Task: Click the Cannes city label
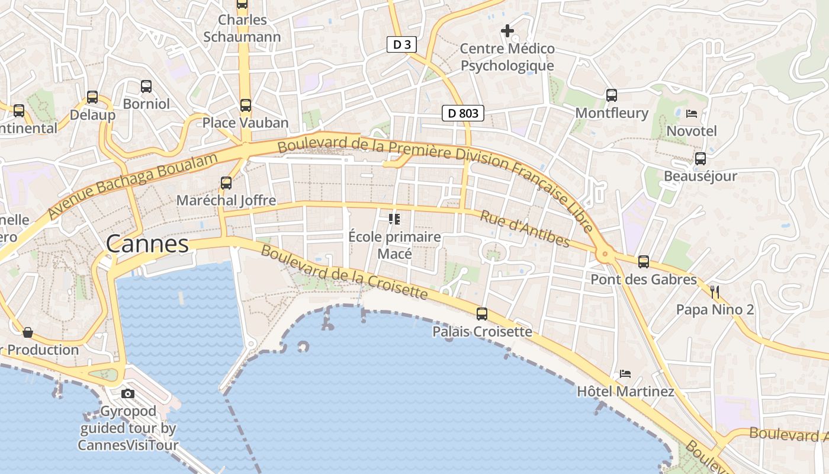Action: [x=147, y=244]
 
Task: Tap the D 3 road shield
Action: [x=401, y=44]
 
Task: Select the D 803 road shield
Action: [x=463, y=113]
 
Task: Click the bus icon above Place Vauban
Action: [x=245, y=105]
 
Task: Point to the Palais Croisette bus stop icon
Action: [x=482, y=314]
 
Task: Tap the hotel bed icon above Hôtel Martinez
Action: [x=625, y=374]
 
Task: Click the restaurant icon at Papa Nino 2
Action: [x=715, y=292]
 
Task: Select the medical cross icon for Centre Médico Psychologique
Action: [x=507, y=30]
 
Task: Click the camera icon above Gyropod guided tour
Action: [x=128, y=393]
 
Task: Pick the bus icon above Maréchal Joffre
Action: [x=226, y=182]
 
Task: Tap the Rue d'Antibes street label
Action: [x=525, y=229]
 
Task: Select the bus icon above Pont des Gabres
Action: [x=644, y=261]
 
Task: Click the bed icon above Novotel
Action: [x=691, y=113]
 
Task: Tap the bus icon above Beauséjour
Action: [x=701, y=159]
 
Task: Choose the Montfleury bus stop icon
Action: [x=612, y=95]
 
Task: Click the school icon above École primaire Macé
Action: [x=394, y=219]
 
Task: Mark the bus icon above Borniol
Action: [x=146, y=87]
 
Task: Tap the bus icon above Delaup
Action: [x=92, y=97]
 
